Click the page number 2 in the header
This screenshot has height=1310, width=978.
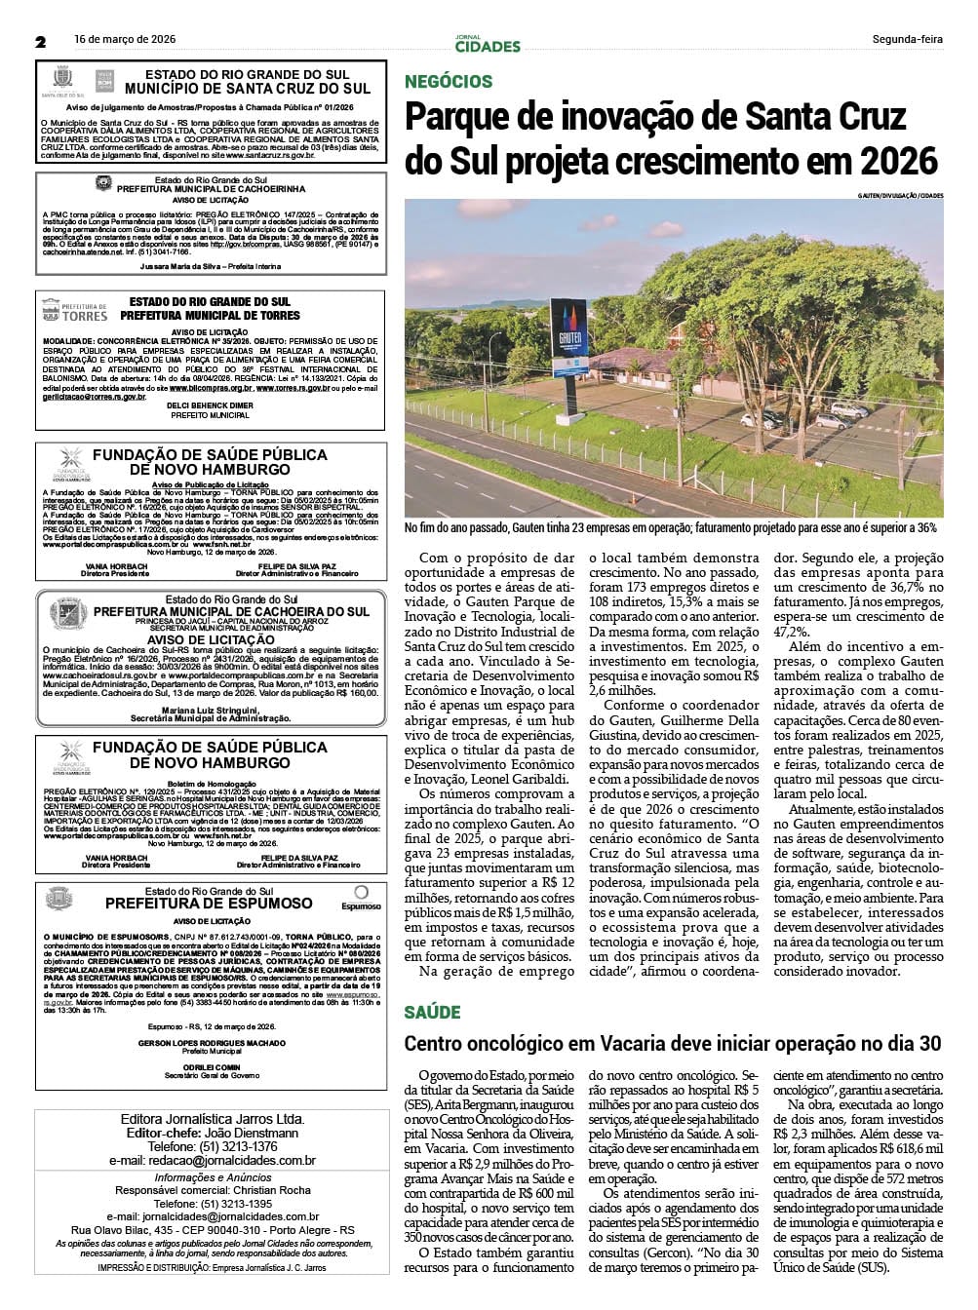click(x=41, y=42)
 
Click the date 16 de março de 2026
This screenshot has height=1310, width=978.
click(x=125, y=40)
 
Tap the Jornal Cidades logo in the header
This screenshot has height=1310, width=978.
click(x=488, y=44)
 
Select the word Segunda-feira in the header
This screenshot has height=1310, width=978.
click(x=907, y=40)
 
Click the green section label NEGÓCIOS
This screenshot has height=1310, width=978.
click(x=449, y=82)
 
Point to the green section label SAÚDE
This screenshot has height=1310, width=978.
click(x=433, y=1013)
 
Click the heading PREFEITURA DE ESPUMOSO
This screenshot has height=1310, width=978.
click(x=209, y=904)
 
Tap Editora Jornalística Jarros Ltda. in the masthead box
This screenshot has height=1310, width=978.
click(x=212, y=1119)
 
